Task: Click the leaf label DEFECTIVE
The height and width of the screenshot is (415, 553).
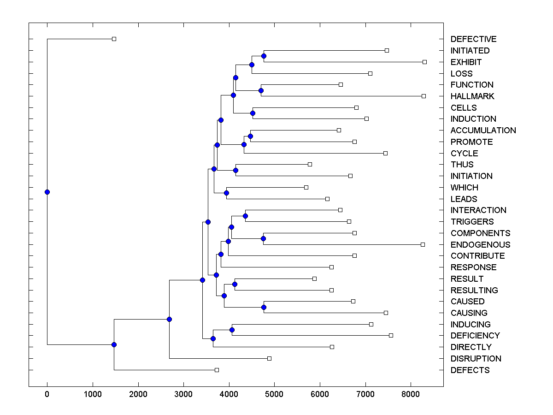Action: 473,39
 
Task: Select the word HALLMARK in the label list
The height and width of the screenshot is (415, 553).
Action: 472,96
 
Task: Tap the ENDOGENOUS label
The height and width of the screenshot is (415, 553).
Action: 480,245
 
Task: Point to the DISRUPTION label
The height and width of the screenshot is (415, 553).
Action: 476,359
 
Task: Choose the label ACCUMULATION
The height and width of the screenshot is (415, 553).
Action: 483,130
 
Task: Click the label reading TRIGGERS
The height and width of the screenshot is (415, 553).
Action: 472,222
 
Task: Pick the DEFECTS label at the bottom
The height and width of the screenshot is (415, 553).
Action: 470,370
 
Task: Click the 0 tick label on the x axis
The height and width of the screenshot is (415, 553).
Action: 47,394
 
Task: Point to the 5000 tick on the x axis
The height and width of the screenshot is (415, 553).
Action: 274,394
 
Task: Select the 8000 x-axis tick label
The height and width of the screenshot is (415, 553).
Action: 411,394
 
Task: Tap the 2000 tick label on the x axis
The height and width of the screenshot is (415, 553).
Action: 138,394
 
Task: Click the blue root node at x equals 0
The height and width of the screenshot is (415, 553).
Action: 47,192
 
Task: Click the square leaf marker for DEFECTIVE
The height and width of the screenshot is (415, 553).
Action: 114,39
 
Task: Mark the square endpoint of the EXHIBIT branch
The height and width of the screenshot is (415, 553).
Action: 425,62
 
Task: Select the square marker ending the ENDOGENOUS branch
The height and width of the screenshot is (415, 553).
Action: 423,244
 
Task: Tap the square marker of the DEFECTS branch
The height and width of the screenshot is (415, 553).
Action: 217,370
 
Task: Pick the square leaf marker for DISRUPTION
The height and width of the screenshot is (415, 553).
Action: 270,358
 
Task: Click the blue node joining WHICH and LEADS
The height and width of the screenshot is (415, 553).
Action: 226,193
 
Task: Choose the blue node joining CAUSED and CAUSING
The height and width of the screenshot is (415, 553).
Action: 264,307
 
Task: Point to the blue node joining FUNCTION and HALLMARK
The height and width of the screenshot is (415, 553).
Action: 261,90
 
